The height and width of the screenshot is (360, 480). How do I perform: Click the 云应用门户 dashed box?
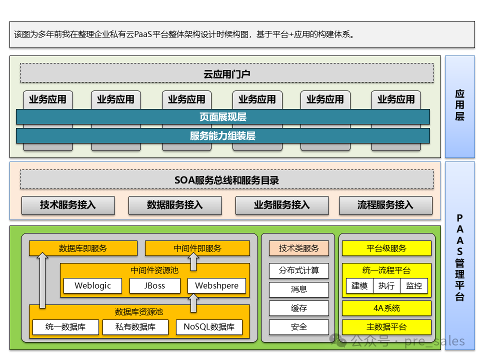pyautogui.click(x=226, y=73)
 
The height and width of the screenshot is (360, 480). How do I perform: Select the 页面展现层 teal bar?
pyautogui.click(x=222, y=117)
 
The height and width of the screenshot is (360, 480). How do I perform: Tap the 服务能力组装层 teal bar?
pyautogui.click(x=222, y=135)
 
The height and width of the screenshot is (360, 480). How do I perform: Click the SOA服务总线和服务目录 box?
pyautogui.click(x=226, y=180)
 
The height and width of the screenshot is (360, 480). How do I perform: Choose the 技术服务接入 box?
pyautogui.click(x=68, y=205)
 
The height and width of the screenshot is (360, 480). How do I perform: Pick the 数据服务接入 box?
pyautogui.click(x=175, y=205)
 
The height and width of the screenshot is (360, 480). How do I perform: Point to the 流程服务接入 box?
pyautogui.click(x=385, y=205)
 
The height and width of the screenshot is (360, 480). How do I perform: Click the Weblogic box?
pyautogui.click(x=92, y=285)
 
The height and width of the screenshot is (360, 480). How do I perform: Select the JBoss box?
pyautogui.click(x=154, y=285)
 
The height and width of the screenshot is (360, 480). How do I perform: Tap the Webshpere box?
pyautogui.click(x=216, y=285)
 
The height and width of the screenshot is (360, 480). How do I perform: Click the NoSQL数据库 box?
pyautogui.click(x=209, y=327)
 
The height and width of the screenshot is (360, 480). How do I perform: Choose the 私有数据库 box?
pyautogui.click(x=135, y=327)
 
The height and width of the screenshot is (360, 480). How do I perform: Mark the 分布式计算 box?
pyautogui.click(x=299, y=270)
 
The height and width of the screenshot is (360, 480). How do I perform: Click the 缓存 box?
pyautogui.click(x=299, y=308)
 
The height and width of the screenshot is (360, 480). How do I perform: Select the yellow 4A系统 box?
pyautogui.click(x=386, y=308)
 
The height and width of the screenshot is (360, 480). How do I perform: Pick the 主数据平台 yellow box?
pyautogui.click(x=386, y=327)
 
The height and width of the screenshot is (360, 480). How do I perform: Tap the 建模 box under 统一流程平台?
pyautogui.click(x=359, y=285)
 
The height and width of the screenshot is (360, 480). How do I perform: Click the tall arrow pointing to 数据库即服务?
pyautogui.click(x=42, y=280)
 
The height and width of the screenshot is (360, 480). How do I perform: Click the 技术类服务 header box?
pyautogui.click(x=299, y=248)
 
